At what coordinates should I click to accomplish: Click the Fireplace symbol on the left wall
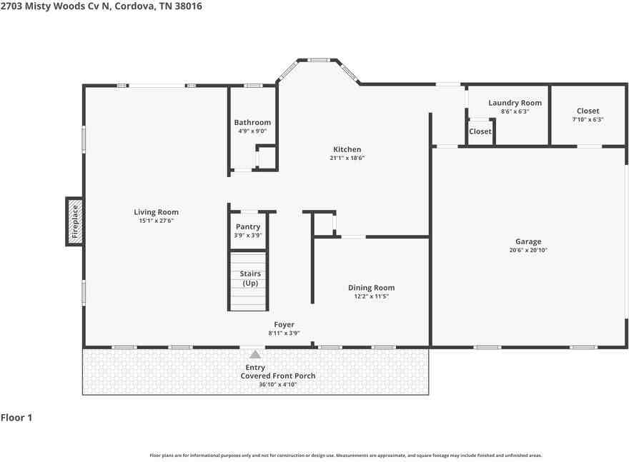74,221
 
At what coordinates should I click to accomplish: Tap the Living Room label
156,212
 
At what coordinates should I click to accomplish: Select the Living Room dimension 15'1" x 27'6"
156,221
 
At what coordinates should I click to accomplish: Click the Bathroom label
252,123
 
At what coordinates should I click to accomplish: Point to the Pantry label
248,227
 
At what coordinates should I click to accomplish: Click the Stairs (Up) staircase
248,279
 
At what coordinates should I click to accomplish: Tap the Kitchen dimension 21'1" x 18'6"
347,158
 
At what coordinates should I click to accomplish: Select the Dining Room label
371,288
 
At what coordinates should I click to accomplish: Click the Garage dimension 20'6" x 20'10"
528,251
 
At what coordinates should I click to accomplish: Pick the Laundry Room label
515,103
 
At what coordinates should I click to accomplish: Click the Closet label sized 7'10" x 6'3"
588,111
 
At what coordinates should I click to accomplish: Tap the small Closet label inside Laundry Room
480,131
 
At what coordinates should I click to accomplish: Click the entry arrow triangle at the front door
254,353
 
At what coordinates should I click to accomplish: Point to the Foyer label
284,324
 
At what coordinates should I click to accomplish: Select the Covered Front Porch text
277,376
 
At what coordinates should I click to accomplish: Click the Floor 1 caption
16,418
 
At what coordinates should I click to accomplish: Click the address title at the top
101,6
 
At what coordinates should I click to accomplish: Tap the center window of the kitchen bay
318,60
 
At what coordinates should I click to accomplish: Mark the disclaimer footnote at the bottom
345,455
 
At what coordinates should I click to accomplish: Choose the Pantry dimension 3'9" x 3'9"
248,235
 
